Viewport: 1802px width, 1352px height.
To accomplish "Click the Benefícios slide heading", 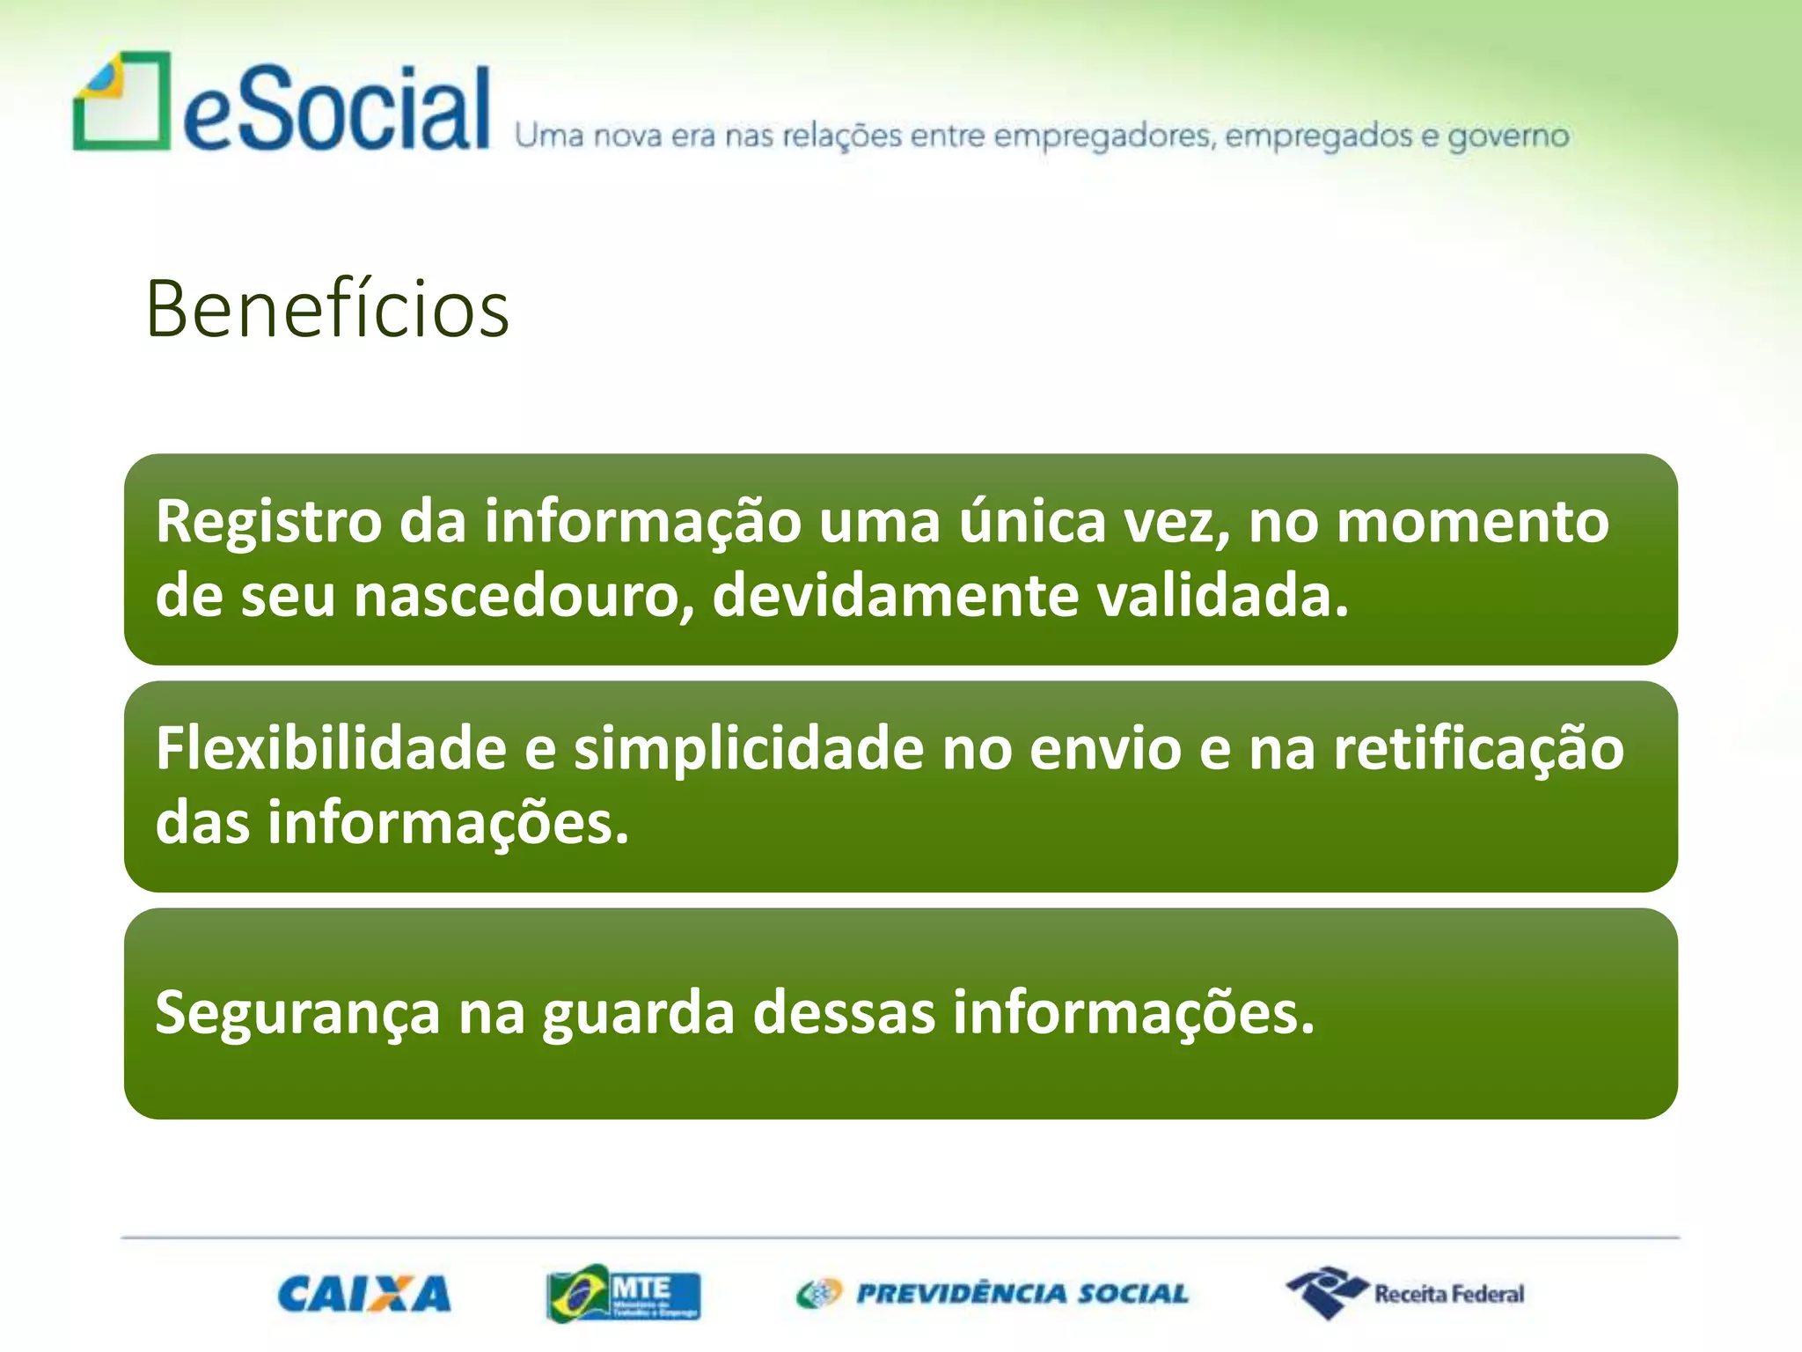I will click(x=327, y=309).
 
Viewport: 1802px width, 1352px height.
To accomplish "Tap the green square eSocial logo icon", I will click(x=121, y=101).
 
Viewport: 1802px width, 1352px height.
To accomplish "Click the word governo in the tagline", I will click(x=1508, y=136).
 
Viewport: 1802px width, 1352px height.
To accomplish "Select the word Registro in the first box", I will click(x=269, y=522).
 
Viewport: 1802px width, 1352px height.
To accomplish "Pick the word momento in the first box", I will click(x=1473, y=522).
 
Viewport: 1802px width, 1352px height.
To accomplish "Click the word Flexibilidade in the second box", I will click(x=331, y=749).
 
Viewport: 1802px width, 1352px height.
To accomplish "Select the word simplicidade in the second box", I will click(x=749, y=749).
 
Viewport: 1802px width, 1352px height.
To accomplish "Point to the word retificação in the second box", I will click(x=1478, y=749).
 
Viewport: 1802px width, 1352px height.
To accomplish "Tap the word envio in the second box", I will click(x=1105, y=749).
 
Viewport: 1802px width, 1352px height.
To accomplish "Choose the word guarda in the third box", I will click(x=638, y=1013).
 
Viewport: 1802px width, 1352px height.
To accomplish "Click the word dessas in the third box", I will click(x=844, y=1013).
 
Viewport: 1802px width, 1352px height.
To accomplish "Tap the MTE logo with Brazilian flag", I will click(x=623, y=1293).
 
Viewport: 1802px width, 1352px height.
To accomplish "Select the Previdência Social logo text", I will click(x=1021, y=1294).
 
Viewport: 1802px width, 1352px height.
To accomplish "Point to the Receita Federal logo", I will click(x=1405, y=1293).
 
